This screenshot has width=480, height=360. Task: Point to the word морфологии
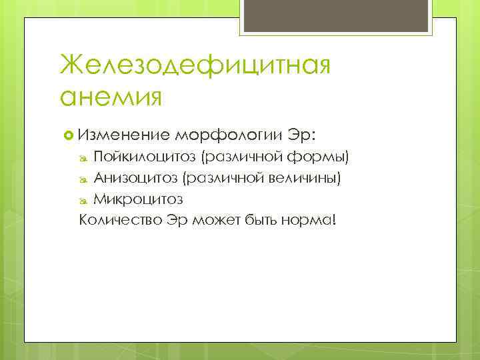pyautogui.click(x=229, y=135)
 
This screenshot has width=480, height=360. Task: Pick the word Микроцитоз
pyautogui.click(x=138, y=199)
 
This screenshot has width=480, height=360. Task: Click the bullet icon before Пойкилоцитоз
pyautogui.click(x=83, y=159)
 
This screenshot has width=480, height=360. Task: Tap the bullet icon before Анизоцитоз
pyautogui.click(x=83, y=179)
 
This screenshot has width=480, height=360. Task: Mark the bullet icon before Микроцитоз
pyautogui.click(x=83, y=200)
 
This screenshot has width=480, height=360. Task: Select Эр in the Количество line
pyautogui.click(x=175, y=220)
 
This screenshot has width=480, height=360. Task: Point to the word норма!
pyautogui.click(x=314, y=220)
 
